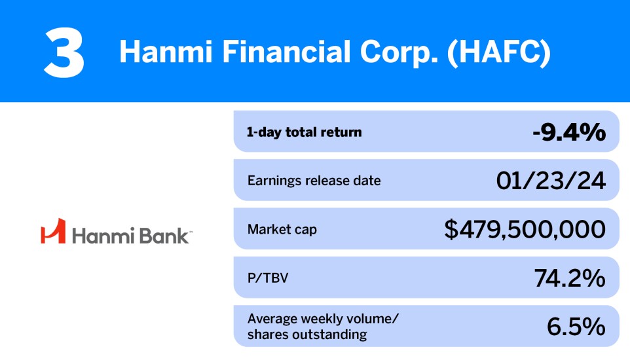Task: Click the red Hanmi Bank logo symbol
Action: pos(52,230)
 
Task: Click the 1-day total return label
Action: pos(304,132)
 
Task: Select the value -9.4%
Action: pos(568,132)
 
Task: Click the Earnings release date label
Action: pos(314,181)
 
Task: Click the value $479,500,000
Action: pos(525,230)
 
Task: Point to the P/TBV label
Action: pos(267,278)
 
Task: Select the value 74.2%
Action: pos(568,278)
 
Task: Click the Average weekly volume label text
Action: pos(323,319)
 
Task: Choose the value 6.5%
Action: pos(576,327)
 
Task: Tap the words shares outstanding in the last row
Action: pos(306,335)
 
